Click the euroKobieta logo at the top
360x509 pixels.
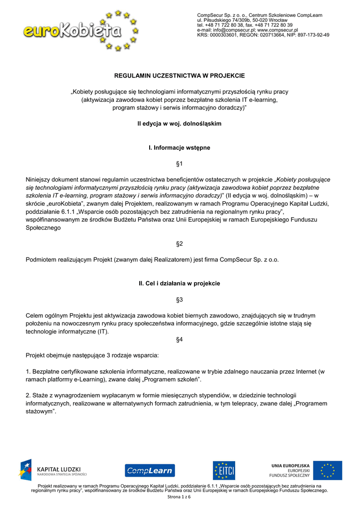(x=80, y=31)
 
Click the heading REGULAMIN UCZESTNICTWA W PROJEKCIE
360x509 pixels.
(x=180, y=76)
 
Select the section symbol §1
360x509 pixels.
(x=180, y=164)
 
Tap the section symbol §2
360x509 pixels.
(x=180, y=244)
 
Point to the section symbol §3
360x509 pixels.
(x=180, y=300)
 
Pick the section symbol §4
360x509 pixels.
(x=180, y=339)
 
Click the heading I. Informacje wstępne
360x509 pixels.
(x=180, y=148)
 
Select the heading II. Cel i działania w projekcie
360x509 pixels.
(x=180, y=283)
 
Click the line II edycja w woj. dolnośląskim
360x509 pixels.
(x=180, y=123)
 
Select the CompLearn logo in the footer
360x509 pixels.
(x=149, y=470)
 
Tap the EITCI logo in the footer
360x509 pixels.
(x=224, y=470)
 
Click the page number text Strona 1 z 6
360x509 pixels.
(x=180, y=497)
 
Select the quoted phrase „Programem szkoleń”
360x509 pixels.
(x=175, y=380)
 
